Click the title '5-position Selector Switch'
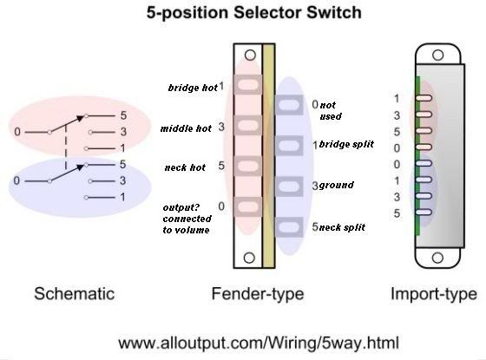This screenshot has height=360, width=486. [253, 13]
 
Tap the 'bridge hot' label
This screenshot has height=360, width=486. [193, 88]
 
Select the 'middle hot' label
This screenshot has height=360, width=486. [186, 128]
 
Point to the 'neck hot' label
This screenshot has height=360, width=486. [185, 167]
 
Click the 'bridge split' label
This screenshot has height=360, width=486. [346, 144]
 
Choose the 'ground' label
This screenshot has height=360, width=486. [337, 186]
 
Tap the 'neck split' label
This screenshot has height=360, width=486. [342, 227]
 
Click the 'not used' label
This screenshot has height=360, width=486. [331, 111]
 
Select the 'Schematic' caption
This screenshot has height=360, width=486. [75, 294]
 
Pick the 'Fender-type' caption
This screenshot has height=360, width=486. [258, 294]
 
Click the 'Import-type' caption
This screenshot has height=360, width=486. [434, 294]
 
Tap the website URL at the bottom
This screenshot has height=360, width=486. [259, 344]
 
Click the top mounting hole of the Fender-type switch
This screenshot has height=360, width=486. [250, 56]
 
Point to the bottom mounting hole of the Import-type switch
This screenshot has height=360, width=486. [437, 258]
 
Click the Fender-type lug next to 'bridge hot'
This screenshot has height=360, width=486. [247, 84]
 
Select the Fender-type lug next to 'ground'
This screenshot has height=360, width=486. [289, 187]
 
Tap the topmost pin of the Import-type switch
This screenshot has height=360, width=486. [424, 98]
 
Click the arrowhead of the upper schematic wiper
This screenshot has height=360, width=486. [81, 118]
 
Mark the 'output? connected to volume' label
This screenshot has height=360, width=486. [187, 219]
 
